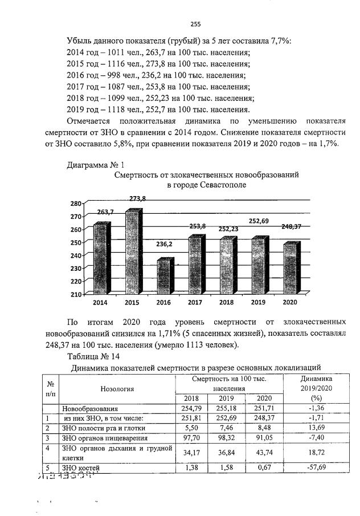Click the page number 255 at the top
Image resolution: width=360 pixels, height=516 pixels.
pos(195,24)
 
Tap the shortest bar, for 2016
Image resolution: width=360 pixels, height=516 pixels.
pos(165,278)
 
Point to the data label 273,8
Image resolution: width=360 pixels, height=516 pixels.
pos(137,198)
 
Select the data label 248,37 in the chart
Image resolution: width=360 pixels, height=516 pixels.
pos(291,226)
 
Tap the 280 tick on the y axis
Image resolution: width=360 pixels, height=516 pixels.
pos(76,204)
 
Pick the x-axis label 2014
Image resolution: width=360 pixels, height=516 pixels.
pos(100,302)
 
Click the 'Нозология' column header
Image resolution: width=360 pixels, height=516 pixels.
pos(117,389)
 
